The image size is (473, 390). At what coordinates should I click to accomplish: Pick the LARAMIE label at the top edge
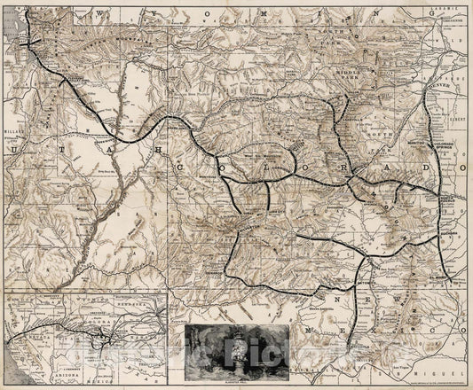(x=449, y=7)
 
